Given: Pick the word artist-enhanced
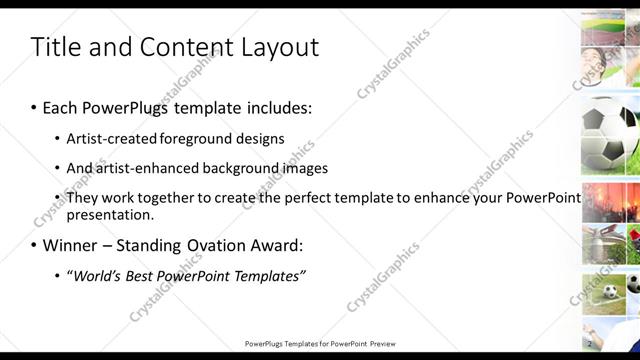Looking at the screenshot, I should click(x=139, y=168).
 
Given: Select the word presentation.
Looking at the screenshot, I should click(x=110, y=214).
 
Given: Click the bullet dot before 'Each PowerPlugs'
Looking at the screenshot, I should click(x=34, y=108).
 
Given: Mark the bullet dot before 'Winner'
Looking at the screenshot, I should click(x=34, y=246).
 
